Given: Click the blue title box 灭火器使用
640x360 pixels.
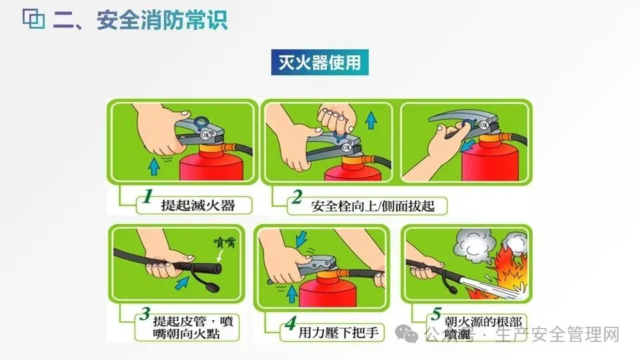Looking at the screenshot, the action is pyautogui.click(x=319, y=63).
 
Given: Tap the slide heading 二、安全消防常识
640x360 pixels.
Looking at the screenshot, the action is pyautogui.click(x=140, y=19).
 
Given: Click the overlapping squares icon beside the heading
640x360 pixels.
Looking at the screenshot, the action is pyautogui.click(x=33, y=19).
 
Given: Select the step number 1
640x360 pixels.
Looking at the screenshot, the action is pyautogui.click(x=148, y=196).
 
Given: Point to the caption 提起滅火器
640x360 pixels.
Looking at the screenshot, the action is pyautogui.click(x=198, y=205).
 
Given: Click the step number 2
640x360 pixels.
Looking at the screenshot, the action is pyautogui.click(x=297, y=197).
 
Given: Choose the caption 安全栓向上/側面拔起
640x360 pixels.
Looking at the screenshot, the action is pyautogui.click(x=373, y=206).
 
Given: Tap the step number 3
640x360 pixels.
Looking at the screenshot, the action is pyautogui.click(x=145, y=313).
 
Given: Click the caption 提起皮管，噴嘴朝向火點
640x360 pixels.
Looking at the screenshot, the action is pyautogui.click(x=193, y=327).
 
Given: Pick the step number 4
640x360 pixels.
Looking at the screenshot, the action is pyautogui.click(x=291, y=323).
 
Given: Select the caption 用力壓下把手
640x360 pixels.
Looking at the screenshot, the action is pyautogui.click(x=339, y=333).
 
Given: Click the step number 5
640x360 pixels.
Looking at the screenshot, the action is pyautogui.click(x=436, y=313).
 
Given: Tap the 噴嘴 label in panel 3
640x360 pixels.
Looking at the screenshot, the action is pyautogui.click(x=225, y=243).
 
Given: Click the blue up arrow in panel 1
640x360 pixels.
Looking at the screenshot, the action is pyautogui.click(x=154, y=167).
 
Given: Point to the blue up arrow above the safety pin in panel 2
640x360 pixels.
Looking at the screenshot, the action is pyautogui.click(x=371, y=121).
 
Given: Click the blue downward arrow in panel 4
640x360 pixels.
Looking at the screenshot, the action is pyautogui.click(x=301, y=239).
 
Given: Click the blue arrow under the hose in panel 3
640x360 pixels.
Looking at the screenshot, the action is pyautogui.click(x=182, y=283).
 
